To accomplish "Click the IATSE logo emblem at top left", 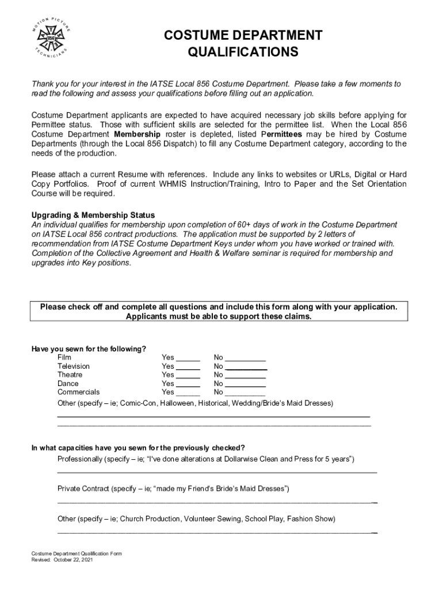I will [51, 38].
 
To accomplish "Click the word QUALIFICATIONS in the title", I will [243, 53].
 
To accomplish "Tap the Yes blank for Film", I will [188, 358].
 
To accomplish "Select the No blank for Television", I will [246, 367].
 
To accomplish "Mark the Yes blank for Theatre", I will [188, 376].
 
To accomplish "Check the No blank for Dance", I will [246, 384].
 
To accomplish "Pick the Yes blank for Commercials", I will [188, 393].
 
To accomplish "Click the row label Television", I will [74, 366].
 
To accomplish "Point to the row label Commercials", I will [78, 392].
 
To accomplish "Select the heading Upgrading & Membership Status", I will [93, 215].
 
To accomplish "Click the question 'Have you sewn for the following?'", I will [89, 349].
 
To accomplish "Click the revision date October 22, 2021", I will [71, 559].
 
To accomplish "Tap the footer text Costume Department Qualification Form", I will [77, 554].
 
